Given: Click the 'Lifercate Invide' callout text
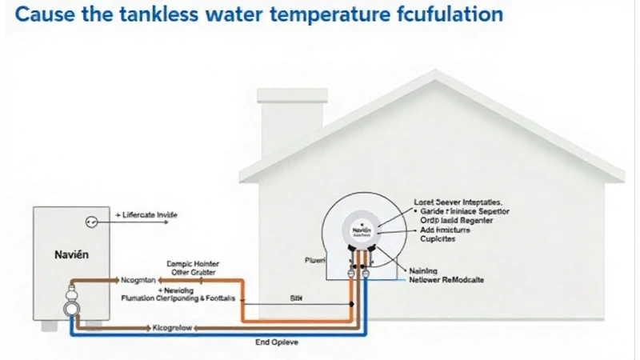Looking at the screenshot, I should [x=150, y=215].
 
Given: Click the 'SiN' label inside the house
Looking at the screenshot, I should [x=296, y=296].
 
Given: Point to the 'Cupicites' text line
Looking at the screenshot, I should [x=437, y=239].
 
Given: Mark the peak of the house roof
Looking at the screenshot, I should [x=434, y=74].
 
